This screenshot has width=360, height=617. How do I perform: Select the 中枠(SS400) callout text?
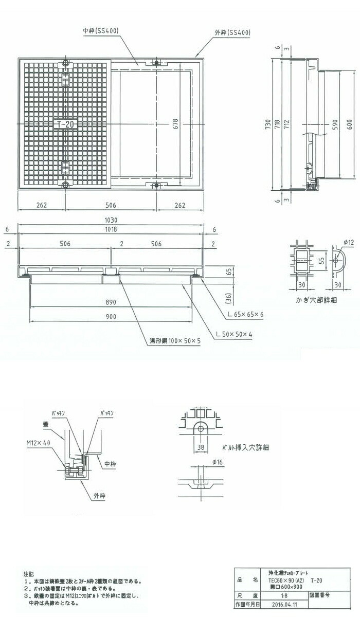[101, 31]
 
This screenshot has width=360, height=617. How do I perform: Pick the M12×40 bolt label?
[40, 442]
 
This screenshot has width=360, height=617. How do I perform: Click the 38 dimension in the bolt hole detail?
[200, 447]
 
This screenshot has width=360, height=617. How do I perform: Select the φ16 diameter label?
[217, 463]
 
